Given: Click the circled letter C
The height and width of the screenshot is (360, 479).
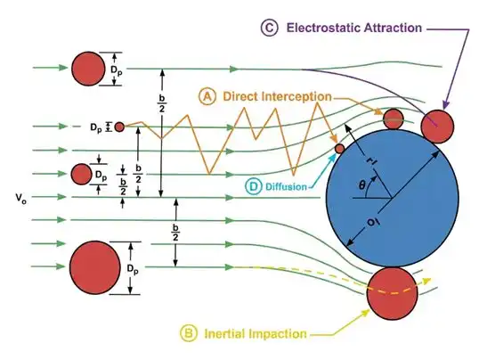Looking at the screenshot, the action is (269, 28).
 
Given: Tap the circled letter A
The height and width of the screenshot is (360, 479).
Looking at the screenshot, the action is (207, 96).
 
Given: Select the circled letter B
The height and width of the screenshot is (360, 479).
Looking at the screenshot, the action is (189, 332).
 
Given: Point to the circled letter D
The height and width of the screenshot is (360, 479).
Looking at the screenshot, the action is (254, 186).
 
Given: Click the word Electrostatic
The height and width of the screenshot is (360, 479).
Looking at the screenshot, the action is (322, 28).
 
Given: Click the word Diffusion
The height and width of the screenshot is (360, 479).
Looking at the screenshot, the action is (286, 186).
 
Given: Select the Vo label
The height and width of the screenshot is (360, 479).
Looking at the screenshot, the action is (20, 198).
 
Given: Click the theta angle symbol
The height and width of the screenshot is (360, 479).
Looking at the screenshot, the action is (361, 184).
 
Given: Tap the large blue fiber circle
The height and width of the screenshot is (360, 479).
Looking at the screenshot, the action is (393, 198).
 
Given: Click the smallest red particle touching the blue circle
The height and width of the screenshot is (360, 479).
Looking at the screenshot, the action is (339, 149).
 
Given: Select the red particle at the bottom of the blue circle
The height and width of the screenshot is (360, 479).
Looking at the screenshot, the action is (393, 294).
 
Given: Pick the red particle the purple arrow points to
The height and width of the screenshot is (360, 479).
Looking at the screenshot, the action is (437, 127).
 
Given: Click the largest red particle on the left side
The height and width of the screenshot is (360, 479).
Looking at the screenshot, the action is (94, 267).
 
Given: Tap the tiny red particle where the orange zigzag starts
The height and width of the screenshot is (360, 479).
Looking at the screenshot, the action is (119, 127).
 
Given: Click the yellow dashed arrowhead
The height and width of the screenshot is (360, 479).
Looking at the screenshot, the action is (427, 281).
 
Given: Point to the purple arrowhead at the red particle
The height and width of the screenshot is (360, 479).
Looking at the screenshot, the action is (445, 105).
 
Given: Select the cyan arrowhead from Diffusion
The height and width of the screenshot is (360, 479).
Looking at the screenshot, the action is (333, 157).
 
